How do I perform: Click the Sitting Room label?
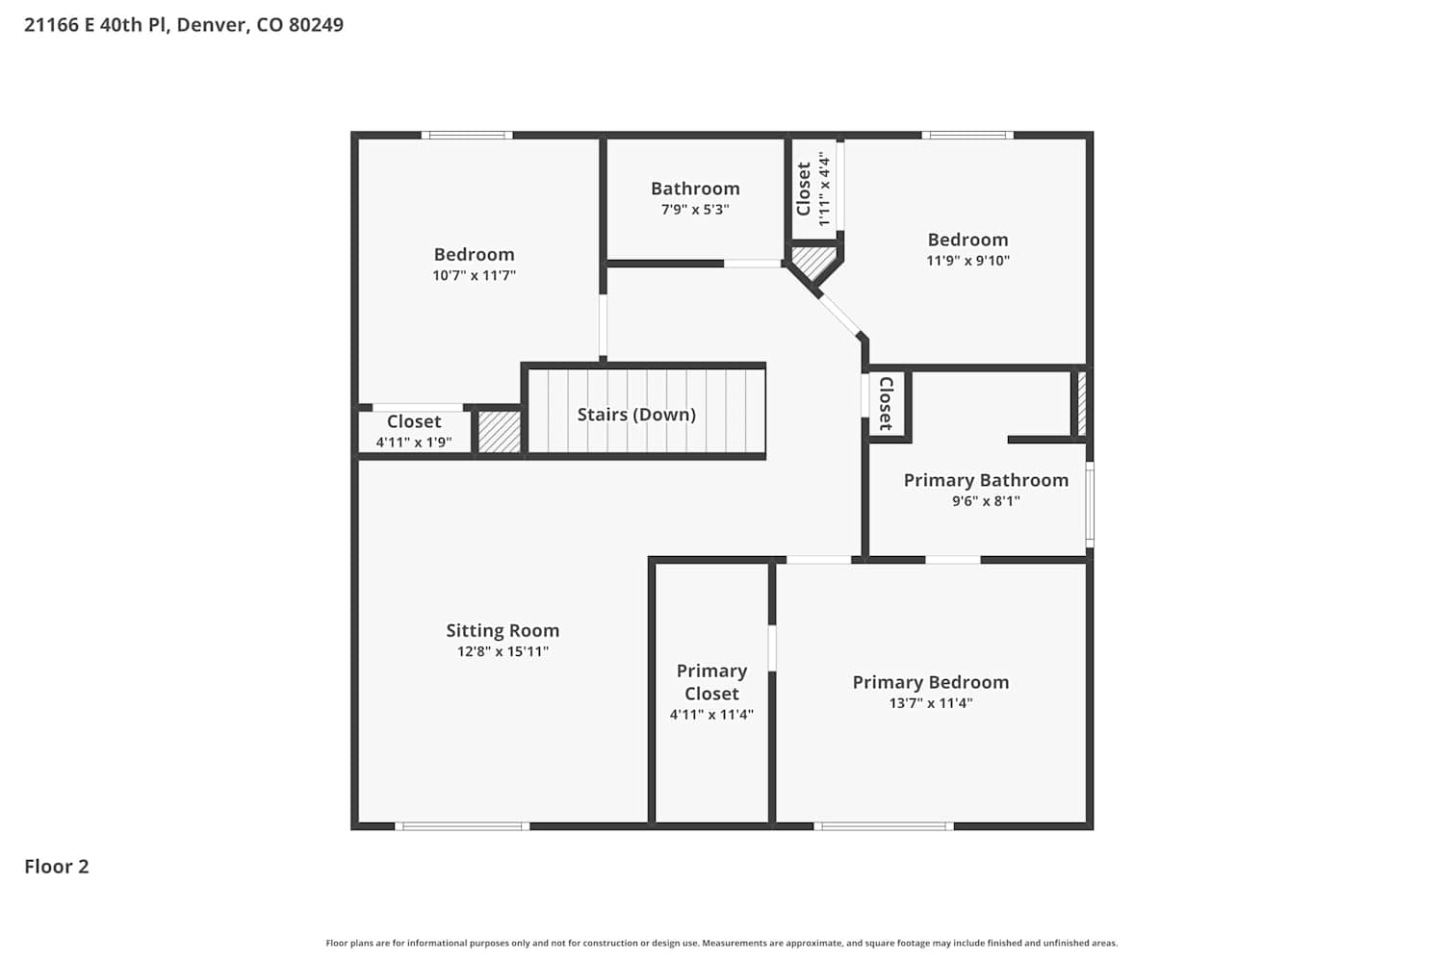(503, 630)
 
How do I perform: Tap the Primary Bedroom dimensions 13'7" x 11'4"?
(930, 703)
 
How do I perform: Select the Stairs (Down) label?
(636, 415)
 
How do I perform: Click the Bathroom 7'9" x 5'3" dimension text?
(695, 210)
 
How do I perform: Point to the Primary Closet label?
(711, 682)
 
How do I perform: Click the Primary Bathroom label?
(986, 480)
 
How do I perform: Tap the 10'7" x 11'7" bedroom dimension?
(474, 275)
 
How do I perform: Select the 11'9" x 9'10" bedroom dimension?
(967, 261)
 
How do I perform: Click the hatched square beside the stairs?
(499, 432)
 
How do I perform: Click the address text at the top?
(184, 24)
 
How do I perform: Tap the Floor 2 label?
(57, 866)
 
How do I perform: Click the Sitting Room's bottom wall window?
(462, 826)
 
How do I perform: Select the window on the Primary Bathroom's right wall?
(1090, 504)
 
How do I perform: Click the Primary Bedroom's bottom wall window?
(883, 826)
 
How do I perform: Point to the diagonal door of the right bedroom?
(839, 316)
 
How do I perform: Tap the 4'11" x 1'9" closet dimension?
(414, 442)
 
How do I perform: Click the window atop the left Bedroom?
(467, 136)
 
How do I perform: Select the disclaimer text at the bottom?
(721, 943)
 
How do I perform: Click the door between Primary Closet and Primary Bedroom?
(772, 647)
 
